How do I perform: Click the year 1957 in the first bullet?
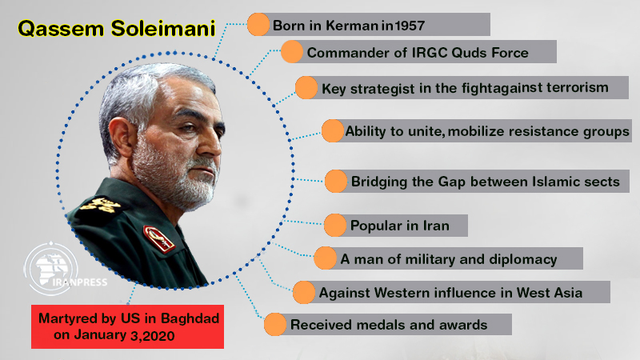410,26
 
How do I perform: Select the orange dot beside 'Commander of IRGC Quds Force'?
292,52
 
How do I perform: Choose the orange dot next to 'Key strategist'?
306,88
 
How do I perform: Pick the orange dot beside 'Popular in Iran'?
335,225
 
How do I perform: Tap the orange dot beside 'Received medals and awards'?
275,325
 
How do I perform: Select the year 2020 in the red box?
158,336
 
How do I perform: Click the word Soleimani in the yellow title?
163,29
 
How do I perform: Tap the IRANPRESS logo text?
79,282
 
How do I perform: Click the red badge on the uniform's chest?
159,238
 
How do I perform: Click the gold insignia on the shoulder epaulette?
100,204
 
